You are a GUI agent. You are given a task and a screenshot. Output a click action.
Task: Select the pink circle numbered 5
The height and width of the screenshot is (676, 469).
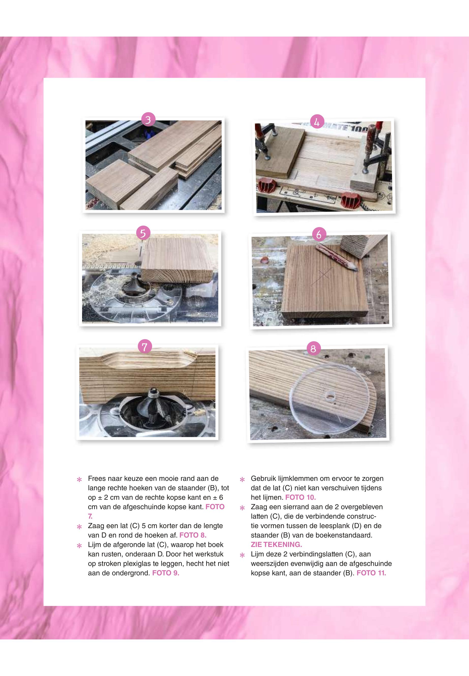(143, 233)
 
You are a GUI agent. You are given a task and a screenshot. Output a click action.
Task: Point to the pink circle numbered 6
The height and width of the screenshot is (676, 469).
(319, 235)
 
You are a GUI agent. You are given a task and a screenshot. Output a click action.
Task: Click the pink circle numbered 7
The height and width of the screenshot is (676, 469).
(145, 347)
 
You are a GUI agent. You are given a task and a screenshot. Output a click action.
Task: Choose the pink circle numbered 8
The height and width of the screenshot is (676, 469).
(313, 348)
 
